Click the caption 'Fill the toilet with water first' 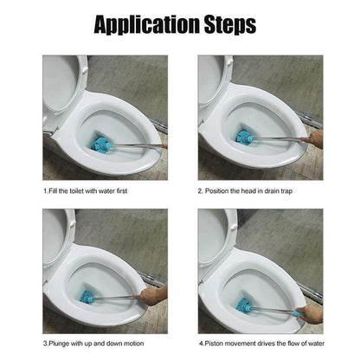87,190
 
